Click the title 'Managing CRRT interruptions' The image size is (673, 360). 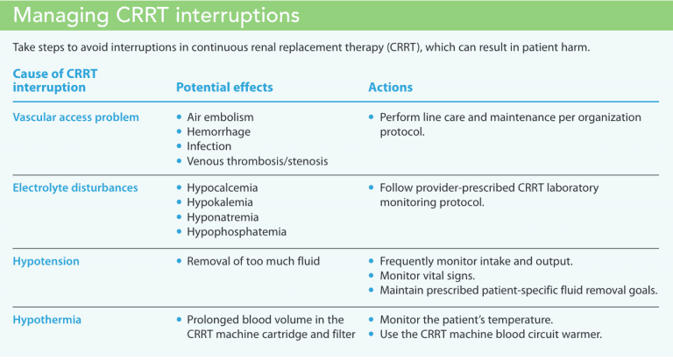[x=155, y=17]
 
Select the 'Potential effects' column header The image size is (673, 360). [x=224, y=88]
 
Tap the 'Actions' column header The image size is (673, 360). [x=390, y=88]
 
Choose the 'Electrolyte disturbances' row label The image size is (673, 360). [x=74, y=187]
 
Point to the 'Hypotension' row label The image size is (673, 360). [x=45, y=260]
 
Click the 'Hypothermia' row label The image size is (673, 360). [x=47, y=320]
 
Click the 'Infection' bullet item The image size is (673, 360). [x=209, y=146]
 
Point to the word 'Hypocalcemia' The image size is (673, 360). [x=223, y=187]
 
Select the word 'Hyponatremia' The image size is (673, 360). [x=223, y=217]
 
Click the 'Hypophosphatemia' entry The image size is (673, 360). [x=237, y=232]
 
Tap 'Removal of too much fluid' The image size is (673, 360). [x=253, y=260]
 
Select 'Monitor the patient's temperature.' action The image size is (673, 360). [x=465, y=320]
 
